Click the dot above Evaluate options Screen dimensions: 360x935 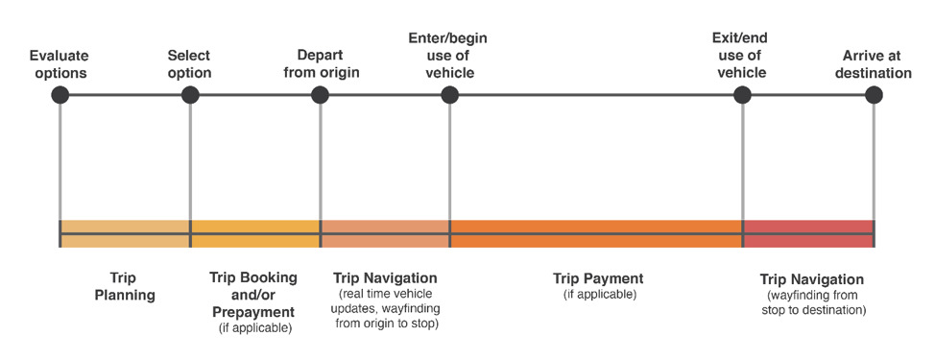(60, 95)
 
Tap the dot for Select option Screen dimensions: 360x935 (190, 95)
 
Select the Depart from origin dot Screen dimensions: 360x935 (321, 95)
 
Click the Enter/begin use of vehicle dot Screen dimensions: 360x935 (449, 95)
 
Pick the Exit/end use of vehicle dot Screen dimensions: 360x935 (742, 95)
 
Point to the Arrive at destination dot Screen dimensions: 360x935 (874, 95)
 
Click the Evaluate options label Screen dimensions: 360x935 (59, 64)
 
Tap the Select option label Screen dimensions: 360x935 (189, 64)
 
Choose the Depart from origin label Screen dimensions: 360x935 (322, 64)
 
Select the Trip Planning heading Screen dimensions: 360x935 (125, 286)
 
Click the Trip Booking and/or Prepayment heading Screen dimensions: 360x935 (253, 294)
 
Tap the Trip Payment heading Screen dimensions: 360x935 (598, 278)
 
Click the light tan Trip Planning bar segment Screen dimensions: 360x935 (125, 233)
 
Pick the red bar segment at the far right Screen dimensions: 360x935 (808, 233)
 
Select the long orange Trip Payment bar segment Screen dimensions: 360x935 (596, 233)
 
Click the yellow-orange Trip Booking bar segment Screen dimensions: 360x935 (255, 233)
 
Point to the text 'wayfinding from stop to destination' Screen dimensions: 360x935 (812, 302)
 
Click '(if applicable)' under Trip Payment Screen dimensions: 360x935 (599, 295)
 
